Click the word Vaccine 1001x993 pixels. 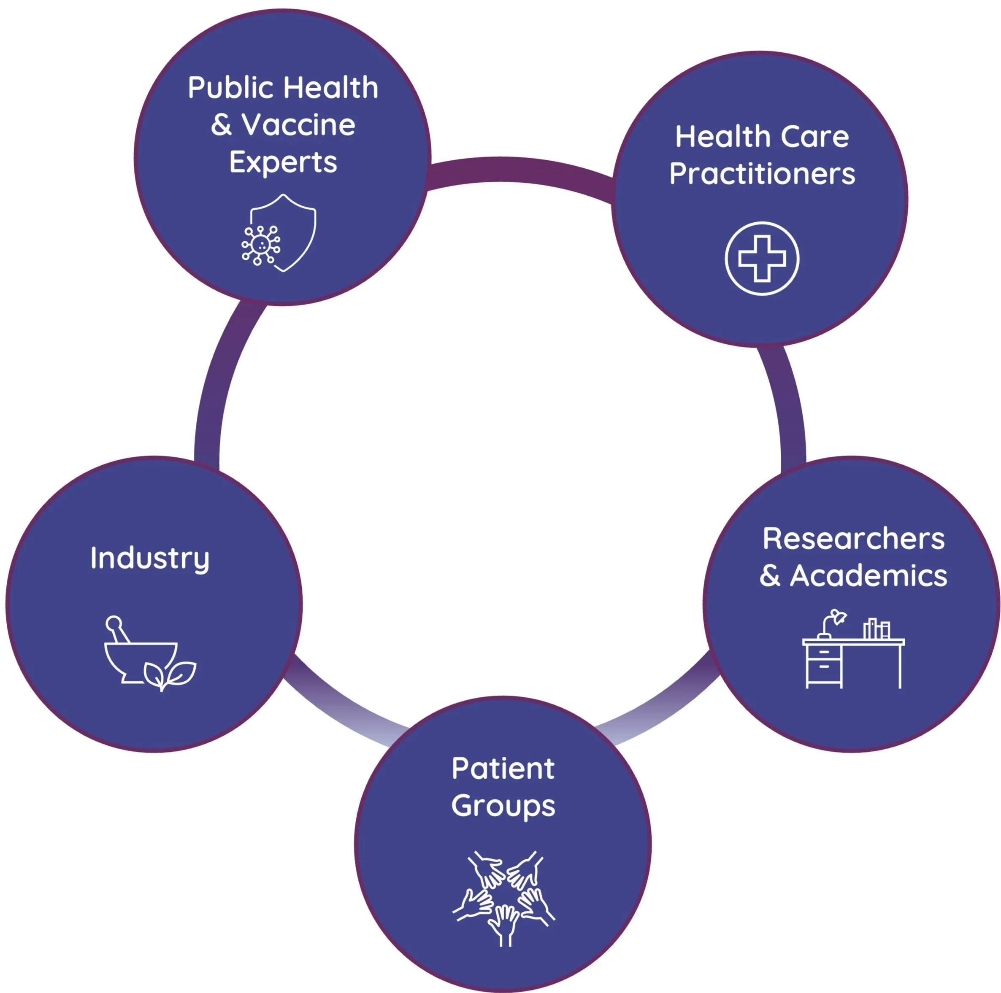point(298,125)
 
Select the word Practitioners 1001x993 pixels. point(762,173)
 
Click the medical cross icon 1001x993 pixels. point(762,259)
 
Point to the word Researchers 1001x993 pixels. point(853,539)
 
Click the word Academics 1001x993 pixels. point(868,576)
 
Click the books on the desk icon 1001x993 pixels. point(876,629)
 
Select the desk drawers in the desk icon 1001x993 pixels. point(824,663)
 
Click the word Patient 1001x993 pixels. point(503,768)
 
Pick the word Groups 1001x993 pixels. point(503,806)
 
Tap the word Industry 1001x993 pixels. point(150,559)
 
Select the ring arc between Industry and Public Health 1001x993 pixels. point(218,383)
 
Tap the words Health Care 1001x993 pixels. point(762,137)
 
